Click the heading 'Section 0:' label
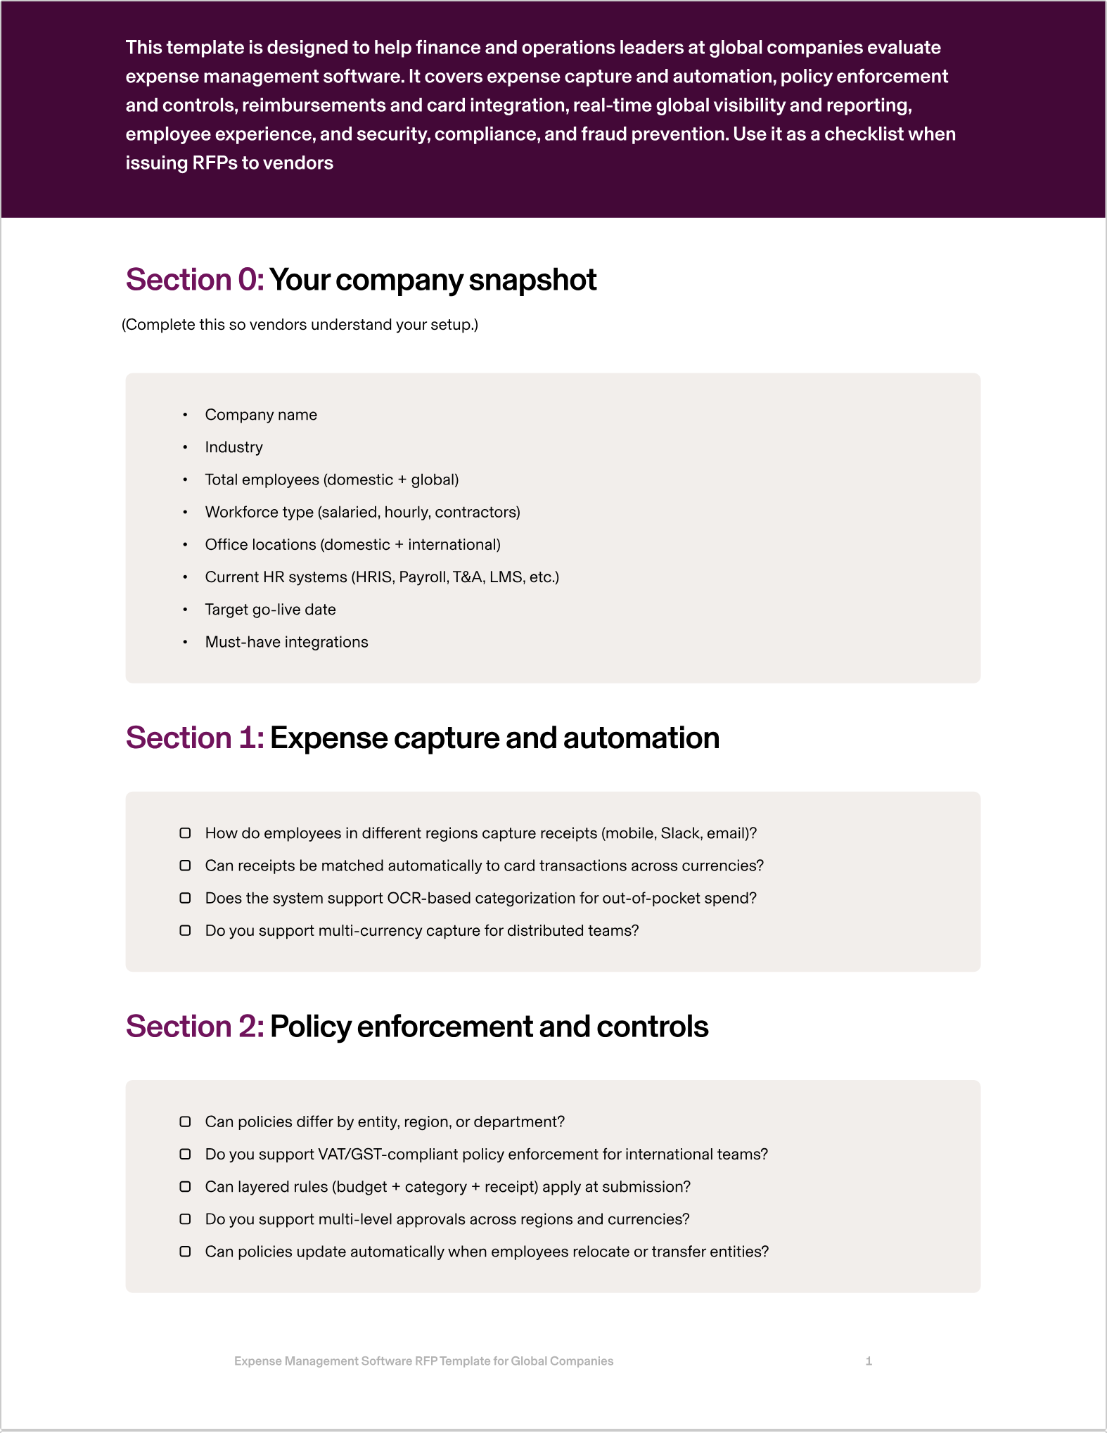pos(195,280)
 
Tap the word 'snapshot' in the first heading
pos(532,280)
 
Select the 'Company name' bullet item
pos(261,415)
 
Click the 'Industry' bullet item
pos(233,447)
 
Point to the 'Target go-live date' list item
pos(270,610)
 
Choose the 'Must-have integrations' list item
pos(286,642)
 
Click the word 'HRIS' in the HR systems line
pos(373,577)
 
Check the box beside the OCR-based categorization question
pos(185,898)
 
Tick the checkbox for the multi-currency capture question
pos(185,930)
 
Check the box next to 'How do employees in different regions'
pos(185,833)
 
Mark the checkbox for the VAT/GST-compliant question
pos(185,1154)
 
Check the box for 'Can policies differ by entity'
pos(185,1122)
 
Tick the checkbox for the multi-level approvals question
pos(185,1219)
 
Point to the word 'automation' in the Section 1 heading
pos(641,738)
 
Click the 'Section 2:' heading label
pos(195,1027)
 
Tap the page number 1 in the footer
pos(869,1361)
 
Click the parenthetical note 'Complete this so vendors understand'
pos(300,325)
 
